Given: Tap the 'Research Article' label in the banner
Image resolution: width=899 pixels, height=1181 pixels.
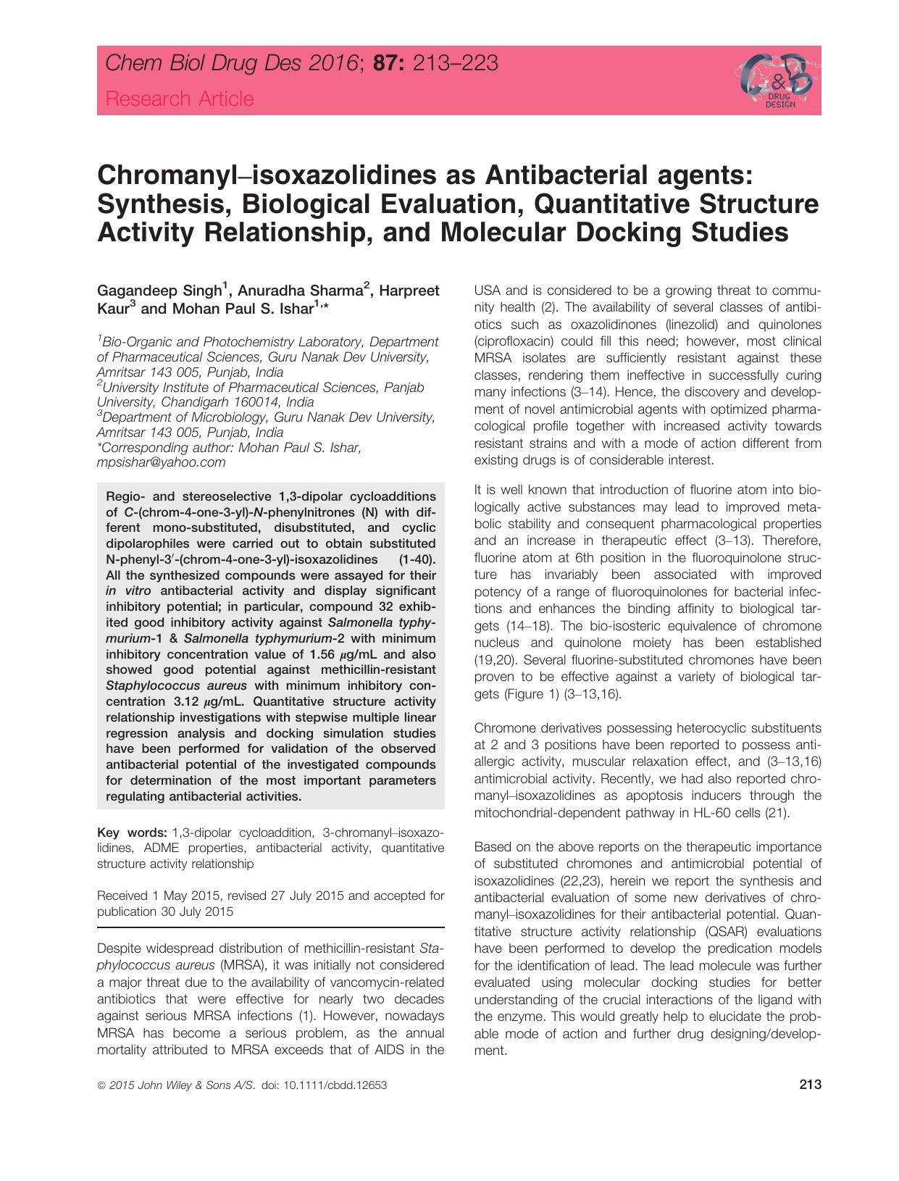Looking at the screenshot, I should [180, 99].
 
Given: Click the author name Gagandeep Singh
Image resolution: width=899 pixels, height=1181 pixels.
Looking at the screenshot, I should [159, 291].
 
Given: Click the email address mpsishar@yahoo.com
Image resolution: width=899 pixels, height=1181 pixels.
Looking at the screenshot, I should [161, 462].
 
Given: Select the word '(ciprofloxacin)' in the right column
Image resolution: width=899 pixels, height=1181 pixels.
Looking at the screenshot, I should [514, 341].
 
